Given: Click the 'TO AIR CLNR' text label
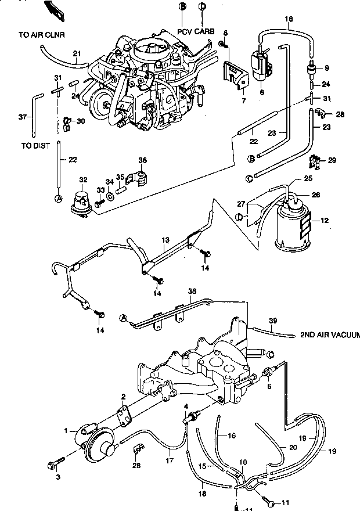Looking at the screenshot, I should pos(41,35).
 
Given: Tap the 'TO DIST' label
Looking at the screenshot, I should pos(35,146).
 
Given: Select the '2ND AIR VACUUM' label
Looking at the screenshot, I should pos(329,335).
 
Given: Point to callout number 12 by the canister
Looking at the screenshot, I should pos(325,221).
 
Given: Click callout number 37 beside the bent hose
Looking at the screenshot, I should pos(22,117).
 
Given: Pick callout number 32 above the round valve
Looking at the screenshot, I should pos(84,181).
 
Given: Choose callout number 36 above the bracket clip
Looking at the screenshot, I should pos(142,160).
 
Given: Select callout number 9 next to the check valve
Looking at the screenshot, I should pos(326,68).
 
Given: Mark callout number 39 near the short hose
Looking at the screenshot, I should pos(273,321).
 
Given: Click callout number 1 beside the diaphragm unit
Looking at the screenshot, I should pos(66,431).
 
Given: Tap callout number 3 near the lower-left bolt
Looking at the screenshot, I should pos(57,476).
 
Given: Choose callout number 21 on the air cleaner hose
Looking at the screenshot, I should pos(76,54).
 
